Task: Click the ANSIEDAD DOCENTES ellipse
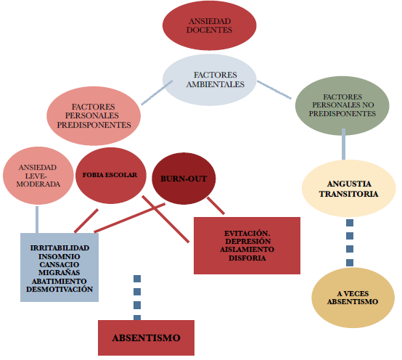tap(209, 25)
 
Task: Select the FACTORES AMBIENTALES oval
tap(209, 80)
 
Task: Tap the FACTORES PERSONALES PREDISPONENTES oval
tap(94, 116)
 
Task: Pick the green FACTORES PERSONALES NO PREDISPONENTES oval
tap(342, 106)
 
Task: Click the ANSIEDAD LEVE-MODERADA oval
tap(38, 176)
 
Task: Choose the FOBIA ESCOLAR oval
tap(111, 176)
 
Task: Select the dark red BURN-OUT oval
tap(184, 179)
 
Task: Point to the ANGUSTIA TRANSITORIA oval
tap(349, 189)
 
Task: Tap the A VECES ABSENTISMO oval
tap(353, 298)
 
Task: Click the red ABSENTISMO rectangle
tap(146, 337)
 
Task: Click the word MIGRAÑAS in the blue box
tap(60, 273)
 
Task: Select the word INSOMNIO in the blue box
tap(60, 256)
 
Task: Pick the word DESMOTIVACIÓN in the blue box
tap(60, 289)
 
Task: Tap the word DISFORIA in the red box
tap(247, 258)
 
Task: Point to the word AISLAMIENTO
tap(247, 250)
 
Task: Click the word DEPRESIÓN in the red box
tap(248, 241)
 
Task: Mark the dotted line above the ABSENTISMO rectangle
tap(137, 298)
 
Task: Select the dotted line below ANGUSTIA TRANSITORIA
tap(350, 243)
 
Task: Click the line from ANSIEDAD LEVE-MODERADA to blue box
tap(37, 219)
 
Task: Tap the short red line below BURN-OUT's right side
tap(216, 205)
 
